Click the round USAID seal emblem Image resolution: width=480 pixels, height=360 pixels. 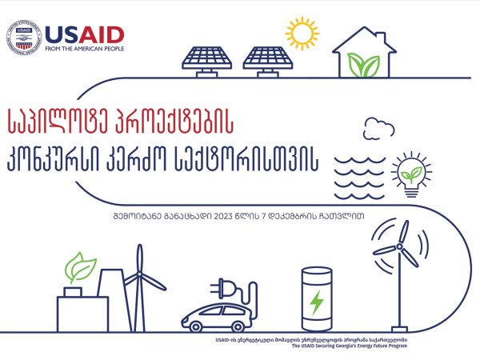24,38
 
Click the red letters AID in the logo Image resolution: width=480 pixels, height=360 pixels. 102,35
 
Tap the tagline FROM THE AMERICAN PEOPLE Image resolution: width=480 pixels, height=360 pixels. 85,49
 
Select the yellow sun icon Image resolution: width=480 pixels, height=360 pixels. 302,33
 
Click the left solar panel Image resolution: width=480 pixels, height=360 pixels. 207,62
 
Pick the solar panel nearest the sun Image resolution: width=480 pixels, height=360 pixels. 268,62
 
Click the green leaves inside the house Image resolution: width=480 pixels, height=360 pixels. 364,65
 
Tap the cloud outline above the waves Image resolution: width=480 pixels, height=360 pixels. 378,129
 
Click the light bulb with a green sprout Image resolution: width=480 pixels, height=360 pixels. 411,174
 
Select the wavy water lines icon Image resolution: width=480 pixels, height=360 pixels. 360,178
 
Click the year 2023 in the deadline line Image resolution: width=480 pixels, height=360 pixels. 223,216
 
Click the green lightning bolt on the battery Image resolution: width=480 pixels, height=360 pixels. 317,302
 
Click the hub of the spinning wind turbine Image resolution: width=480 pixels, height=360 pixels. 399,246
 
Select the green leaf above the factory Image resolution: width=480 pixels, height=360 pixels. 80,267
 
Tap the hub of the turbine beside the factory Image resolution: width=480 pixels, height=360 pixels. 139,274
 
